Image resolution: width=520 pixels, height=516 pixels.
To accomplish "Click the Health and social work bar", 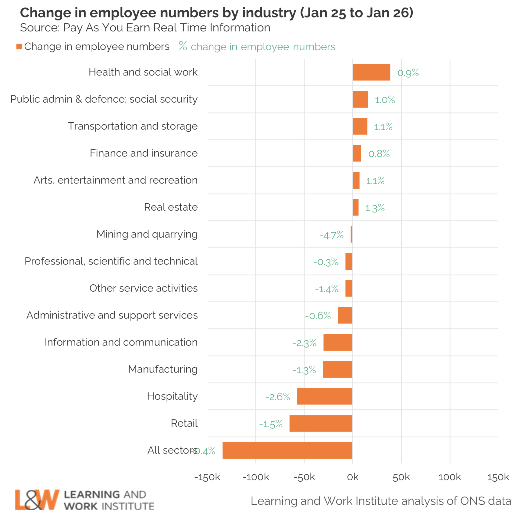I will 371,72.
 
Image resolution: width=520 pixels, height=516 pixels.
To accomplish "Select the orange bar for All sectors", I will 287,450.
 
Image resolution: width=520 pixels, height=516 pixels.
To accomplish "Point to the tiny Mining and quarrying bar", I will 351,234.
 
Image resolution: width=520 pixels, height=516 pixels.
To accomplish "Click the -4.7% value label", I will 331,235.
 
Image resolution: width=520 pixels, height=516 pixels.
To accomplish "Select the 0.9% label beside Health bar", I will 408,73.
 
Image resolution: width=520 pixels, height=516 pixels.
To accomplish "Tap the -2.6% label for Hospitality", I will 277,397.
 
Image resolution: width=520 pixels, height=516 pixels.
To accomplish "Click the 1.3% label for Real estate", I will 375,208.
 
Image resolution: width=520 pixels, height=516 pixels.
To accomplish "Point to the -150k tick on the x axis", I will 207,477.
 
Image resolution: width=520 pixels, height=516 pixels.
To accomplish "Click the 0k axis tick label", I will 352,477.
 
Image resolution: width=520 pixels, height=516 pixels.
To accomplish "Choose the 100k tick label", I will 449,477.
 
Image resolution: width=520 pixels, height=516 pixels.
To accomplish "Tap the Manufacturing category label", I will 163,369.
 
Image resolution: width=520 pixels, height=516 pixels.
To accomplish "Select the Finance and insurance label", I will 144,153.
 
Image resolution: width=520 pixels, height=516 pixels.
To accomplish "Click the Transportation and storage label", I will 132,126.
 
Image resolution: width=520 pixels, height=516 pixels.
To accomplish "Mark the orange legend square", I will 19,47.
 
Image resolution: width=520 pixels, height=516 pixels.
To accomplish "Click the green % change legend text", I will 257,47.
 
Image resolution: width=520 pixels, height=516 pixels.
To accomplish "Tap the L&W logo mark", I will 37,499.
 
